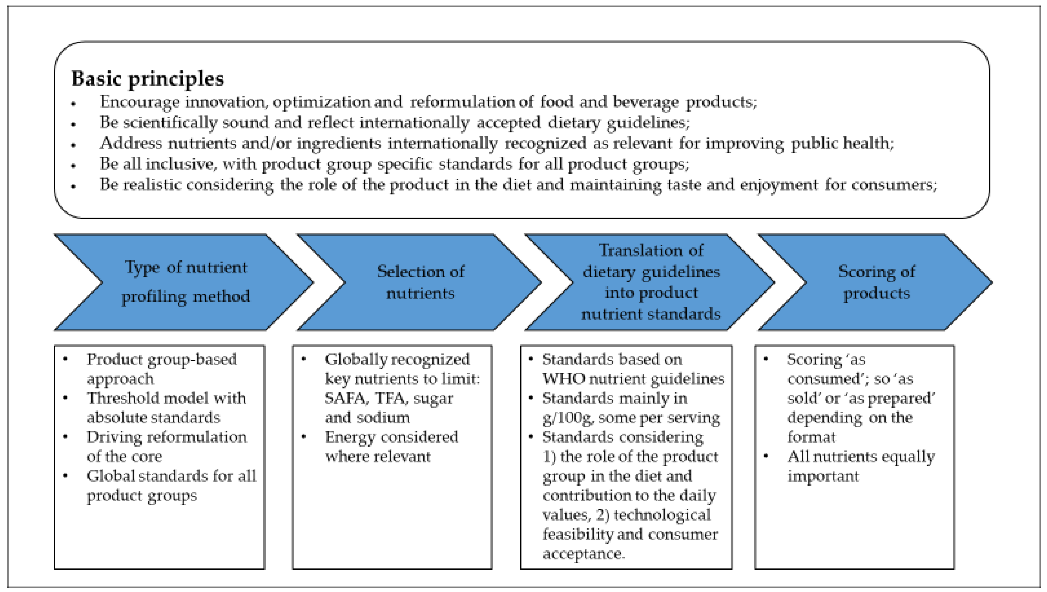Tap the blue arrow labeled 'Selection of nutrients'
pos(420,282)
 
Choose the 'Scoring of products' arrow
pos(876,282)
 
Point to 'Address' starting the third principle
pos(131,143)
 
